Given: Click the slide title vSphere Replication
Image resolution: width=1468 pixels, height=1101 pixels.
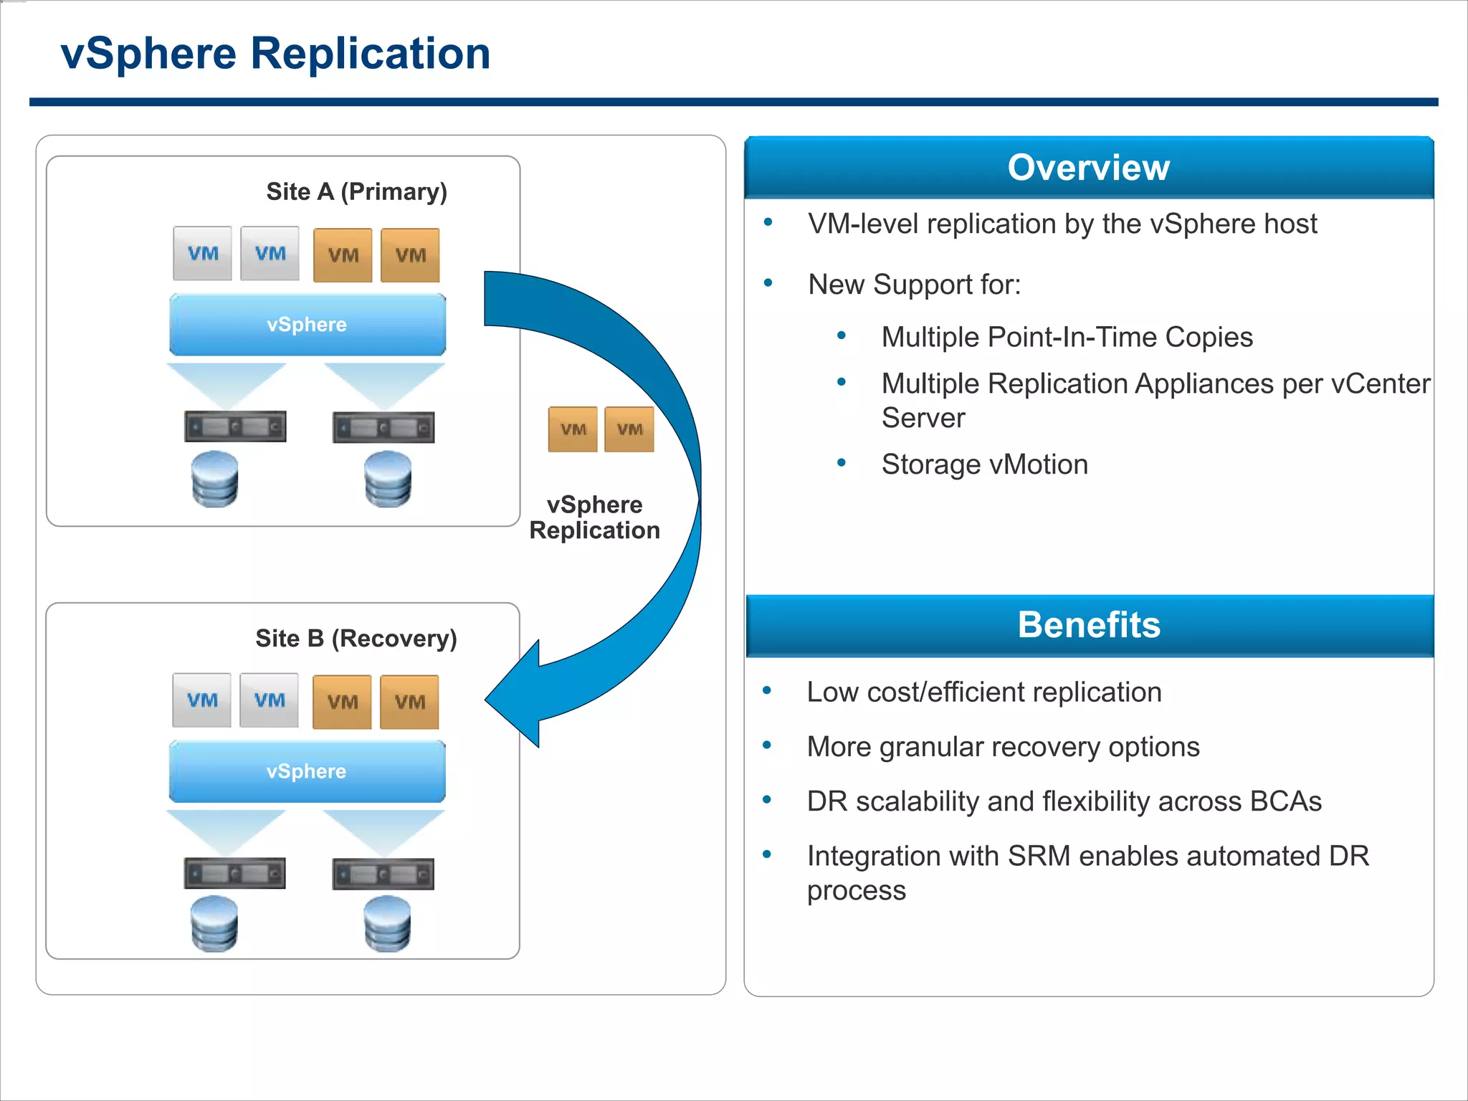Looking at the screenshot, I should [x=275, y=54].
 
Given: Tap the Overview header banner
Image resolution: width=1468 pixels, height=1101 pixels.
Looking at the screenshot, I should [x=1088, y=168].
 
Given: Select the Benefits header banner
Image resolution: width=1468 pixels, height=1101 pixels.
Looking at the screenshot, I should [x=1088, y=625].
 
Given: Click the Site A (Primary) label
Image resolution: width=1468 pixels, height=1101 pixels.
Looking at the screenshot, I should [x=356, y=192].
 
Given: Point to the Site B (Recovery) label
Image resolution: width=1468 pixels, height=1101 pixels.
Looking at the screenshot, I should [x=356, y=639].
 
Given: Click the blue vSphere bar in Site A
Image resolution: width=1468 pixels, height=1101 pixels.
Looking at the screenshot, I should [x=307, y=325].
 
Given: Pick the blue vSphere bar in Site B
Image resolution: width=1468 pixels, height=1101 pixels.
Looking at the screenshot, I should [x=307, y=771].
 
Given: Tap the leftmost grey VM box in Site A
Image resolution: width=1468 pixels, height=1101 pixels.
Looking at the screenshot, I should [x=202, y=254].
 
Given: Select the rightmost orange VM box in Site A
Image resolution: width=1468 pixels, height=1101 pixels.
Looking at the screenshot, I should [x=410, y=255].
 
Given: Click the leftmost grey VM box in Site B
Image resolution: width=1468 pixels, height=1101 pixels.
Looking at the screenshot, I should [x=201, y=700].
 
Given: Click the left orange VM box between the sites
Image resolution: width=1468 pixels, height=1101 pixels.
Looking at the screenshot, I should [x=573, y=429].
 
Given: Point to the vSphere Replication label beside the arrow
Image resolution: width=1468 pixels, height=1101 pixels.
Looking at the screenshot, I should [x=594, y=518].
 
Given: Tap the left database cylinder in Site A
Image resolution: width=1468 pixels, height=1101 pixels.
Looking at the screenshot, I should [x=215, y=479].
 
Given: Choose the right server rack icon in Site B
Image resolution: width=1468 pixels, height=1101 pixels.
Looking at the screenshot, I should [x=383, y=874].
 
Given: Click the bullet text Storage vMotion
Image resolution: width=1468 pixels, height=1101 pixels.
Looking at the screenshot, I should [x=984, y=464].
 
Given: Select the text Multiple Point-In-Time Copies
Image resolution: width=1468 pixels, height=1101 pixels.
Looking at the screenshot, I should [x=1067, y=338].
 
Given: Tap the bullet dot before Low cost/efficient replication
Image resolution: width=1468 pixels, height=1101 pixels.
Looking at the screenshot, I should [x=767, y=691].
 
